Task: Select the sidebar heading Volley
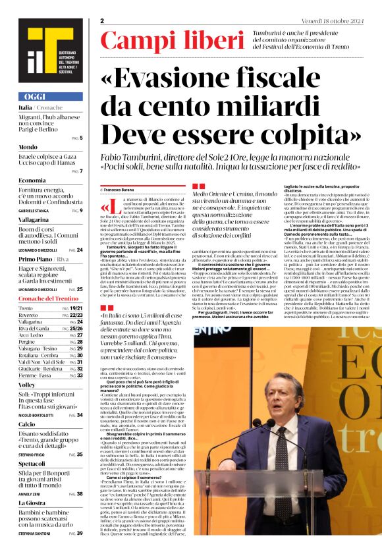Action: click(28, 384)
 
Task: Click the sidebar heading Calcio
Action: click(28, 425)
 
